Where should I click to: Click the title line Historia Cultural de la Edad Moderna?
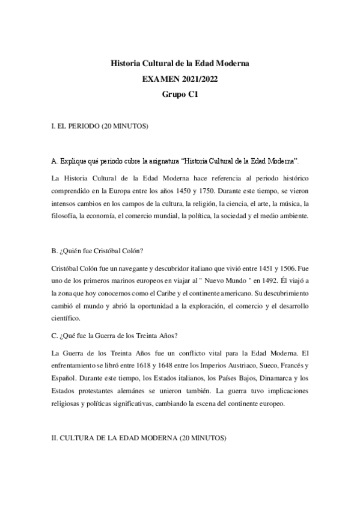[x=180, y=63]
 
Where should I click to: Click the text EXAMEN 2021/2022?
[x=180, y=78]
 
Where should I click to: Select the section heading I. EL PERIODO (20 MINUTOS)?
[x=100, y=127]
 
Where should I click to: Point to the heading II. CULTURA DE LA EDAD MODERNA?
[x=139, y=440]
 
